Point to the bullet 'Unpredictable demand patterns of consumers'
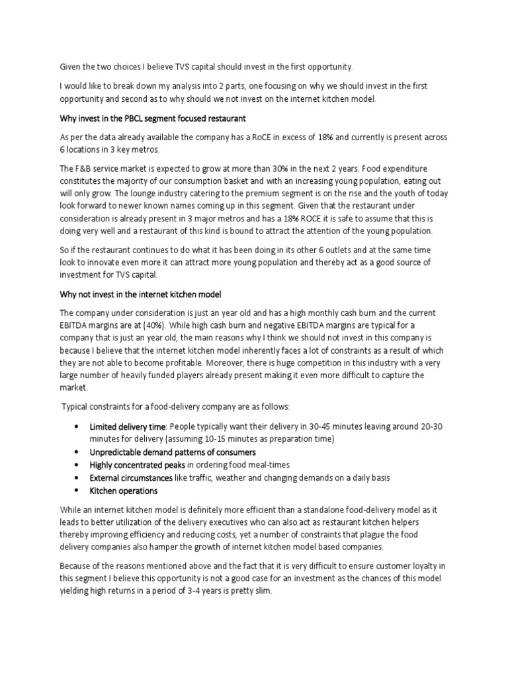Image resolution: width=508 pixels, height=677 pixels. click(x=173, y=452)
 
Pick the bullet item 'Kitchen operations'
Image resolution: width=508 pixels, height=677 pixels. click(x=124, y=491)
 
